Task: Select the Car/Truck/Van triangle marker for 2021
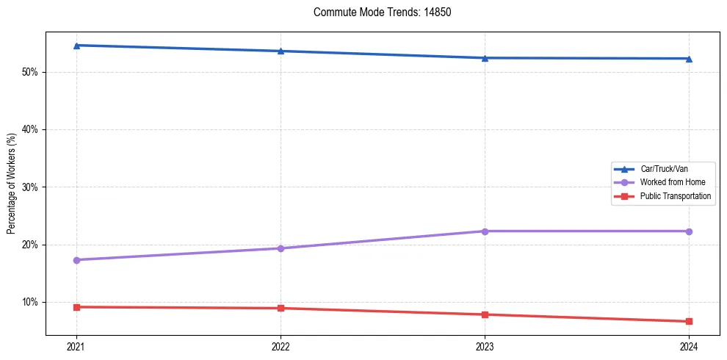click(x=76, y=46)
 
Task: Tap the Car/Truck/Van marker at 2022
click(x=281, y=51)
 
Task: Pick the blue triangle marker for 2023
click(x=485, y=58)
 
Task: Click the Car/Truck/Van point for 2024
click(x=689, y=59)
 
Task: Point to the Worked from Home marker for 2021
click(x=76, y=260)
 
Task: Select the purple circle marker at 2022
click(x=281, y=248)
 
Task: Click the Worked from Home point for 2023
click(x=485, y=231)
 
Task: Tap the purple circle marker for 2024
click(x=689, y=231)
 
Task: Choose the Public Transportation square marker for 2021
click(x=76, y=307)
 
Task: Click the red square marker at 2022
click(x=281, y=308)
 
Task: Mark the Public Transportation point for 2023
click(x=485, y=314)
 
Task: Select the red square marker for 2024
click(x=689, y=321)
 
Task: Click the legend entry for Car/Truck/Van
click(x=664, y=169)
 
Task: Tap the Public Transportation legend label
click(x=676, y=196)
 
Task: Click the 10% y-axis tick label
click(x=30, y=302)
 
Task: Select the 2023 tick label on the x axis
click(x=485, y=346)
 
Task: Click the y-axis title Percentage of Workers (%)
click(x=12, y=183)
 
